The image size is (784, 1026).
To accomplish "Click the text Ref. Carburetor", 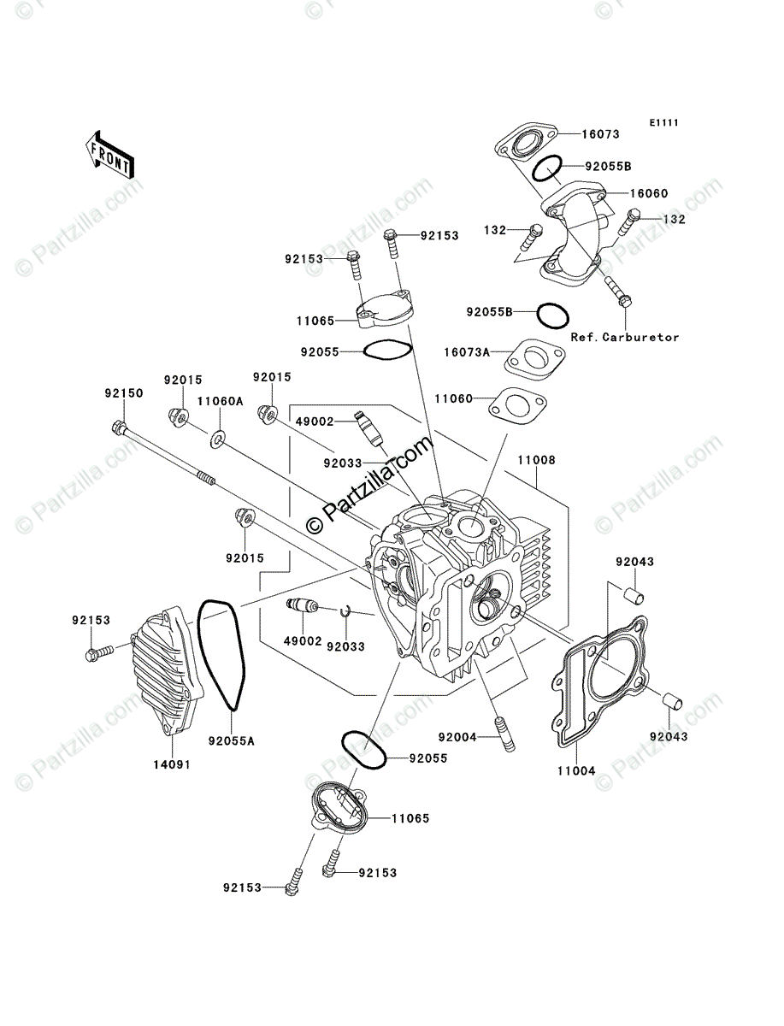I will point(626,337).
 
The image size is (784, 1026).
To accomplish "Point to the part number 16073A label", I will point(466,351).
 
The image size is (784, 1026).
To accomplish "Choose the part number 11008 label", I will point(535,460).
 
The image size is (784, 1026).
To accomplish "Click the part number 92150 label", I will point(124,393).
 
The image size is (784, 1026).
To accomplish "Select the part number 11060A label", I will point(221,400).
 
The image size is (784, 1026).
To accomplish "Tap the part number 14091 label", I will point(171,764).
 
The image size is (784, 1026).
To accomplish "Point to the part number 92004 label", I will point(457,736).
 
